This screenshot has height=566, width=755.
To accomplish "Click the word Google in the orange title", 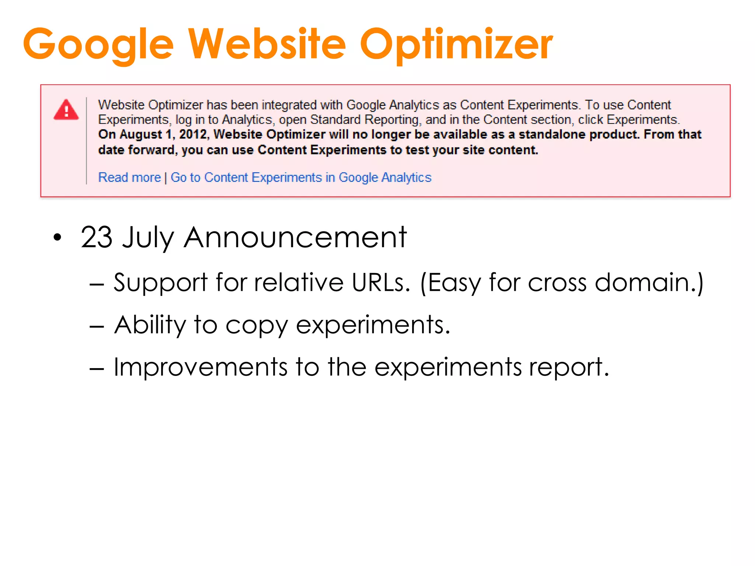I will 98,44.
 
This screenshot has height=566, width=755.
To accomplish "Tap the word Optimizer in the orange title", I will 456,44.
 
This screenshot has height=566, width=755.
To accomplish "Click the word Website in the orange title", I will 267,44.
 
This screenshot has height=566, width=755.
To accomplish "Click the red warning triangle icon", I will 66,110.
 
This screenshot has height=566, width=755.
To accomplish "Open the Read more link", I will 129,178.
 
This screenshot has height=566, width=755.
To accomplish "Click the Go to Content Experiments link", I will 301,178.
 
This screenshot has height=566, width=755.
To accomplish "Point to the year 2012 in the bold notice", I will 194,134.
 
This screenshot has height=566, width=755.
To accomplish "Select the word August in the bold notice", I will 140,134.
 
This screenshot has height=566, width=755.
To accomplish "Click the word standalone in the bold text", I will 551,134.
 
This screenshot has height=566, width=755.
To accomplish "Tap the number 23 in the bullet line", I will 97,237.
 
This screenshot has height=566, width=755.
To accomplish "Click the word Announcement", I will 295,237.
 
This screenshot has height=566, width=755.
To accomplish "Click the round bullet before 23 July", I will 57,238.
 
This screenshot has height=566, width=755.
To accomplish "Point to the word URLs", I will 380,283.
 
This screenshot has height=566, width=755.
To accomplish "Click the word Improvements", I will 200,367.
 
